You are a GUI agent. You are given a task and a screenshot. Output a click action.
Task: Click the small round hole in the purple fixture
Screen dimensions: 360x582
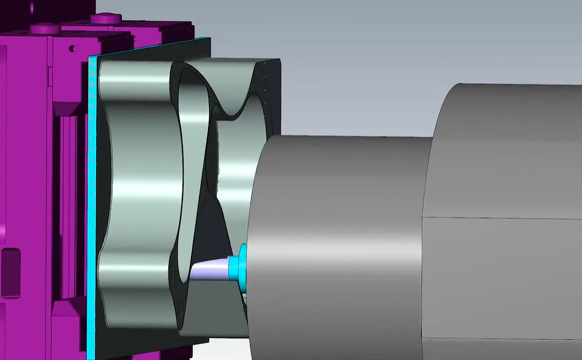pyautogui.click(x=72, y=48)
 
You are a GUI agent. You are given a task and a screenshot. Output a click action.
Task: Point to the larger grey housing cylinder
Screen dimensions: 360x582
pyautogui.click(x=502, y=153)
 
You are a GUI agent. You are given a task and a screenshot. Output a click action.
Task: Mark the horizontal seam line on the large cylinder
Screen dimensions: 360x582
pyautogui.click(x=502, y=217)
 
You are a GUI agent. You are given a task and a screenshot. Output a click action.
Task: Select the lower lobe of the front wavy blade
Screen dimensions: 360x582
pyautogui.click(x=138, y=288)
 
